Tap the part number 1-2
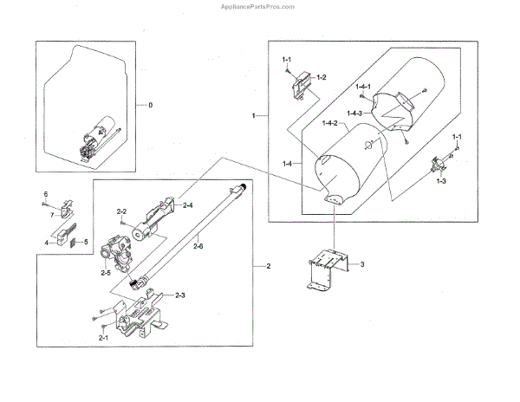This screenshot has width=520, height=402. coord(321,78)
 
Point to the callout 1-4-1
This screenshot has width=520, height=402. coord(363,87)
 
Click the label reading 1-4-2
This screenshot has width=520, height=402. coord(329,125)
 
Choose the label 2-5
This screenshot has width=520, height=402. coord(105,274)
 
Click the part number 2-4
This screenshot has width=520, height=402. coord(187,204)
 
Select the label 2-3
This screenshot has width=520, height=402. coord(180,296)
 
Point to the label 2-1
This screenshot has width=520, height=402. coord(103,337)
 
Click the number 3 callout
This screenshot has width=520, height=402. coord(363,263)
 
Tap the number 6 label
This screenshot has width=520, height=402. coord(47,194)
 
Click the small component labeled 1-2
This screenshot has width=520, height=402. coord(300,87)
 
